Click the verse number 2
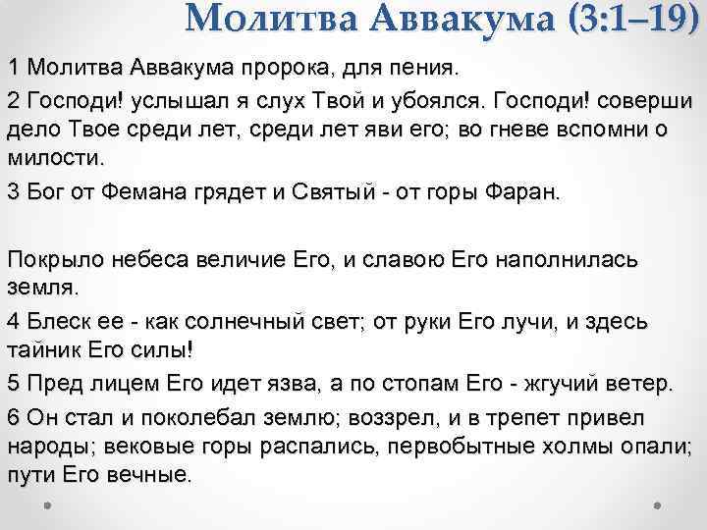[x=13, y=102]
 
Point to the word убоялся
[x=449, y=102]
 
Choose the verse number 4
[x=13, y=323]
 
